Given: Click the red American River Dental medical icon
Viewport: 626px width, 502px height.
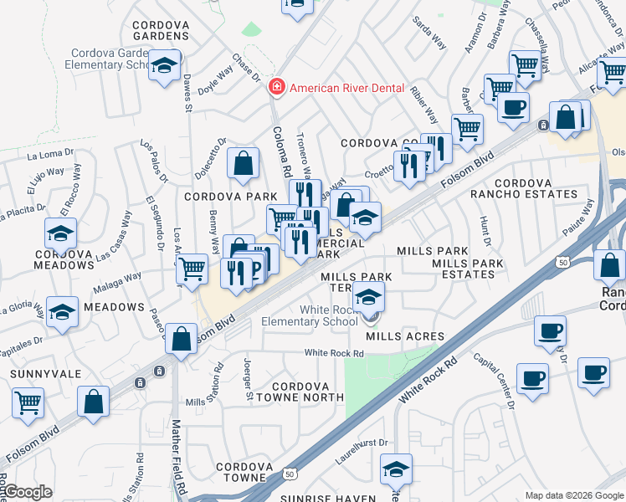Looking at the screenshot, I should point(275,88).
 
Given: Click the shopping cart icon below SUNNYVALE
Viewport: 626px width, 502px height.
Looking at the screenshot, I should point(28,402).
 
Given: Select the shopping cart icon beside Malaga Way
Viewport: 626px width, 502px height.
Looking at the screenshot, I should point(192,268).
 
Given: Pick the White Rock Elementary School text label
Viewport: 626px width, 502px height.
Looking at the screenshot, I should point(309,315).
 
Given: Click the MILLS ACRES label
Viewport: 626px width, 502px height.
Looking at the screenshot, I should point(405,336).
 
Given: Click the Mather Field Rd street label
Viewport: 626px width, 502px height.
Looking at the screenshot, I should point(178,456).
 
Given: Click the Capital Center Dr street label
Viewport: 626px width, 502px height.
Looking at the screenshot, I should point(493,381).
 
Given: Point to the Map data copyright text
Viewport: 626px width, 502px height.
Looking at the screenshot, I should point(574,495).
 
